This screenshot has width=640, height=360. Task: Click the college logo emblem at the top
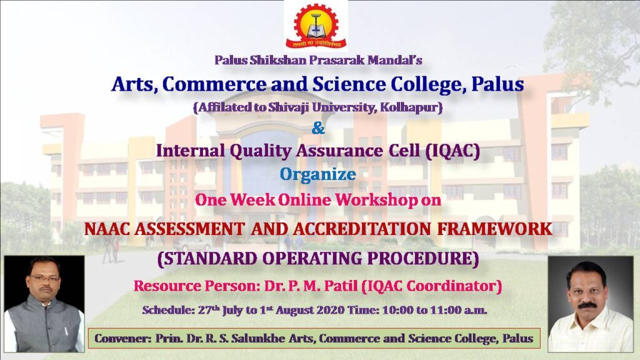tap(316, 25)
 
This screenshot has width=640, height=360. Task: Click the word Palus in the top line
tap(231, 60)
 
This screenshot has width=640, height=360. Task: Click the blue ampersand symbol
tap(318, 128)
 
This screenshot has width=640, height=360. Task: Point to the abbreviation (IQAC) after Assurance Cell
tap(452, 151)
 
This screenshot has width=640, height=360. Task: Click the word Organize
tap(318, 175)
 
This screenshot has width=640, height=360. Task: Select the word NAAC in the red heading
tap(107, 229)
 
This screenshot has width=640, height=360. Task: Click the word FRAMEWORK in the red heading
tap(495, 229)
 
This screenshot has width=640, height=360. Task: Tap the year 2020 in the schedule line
tap(330, 310)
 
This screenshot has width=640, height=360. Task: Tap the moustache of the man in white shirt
tap(587, 305)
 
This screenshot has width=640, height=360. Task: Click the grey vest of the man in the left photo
tap(44, 324)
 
